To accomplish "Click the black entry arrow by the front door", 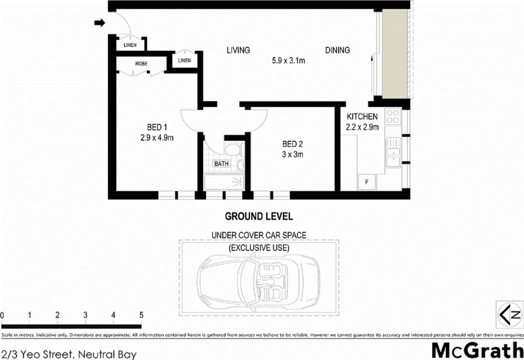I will coord(99,23).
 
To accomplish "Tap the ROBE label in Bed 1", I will coord(141,64).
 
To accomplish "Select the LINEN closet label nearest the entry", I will coord(130,45).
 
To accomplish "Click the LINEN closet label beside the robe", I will coord(184,60).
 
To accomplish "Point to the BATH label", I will coord(221,164).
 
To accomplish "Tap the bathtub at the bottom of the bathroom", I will coord(224,183).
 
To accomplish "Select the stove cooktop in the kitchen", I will coord(393,116).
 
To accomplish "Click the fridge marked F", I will coord(367,182).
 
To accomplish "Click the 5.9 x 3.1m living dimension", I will coord(288,60).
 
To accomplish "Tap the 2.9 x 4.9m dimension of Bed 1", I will coord(157,138).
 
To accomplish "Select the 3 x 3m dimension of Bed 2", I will coord(292,154).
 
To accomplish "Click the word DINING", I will coord(337,50).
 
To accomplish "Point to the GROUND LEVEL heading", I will coord(259,216).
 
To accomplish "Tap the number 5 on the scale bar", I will coord(141,315).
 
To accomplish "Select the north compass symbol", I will coord(509,314).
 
